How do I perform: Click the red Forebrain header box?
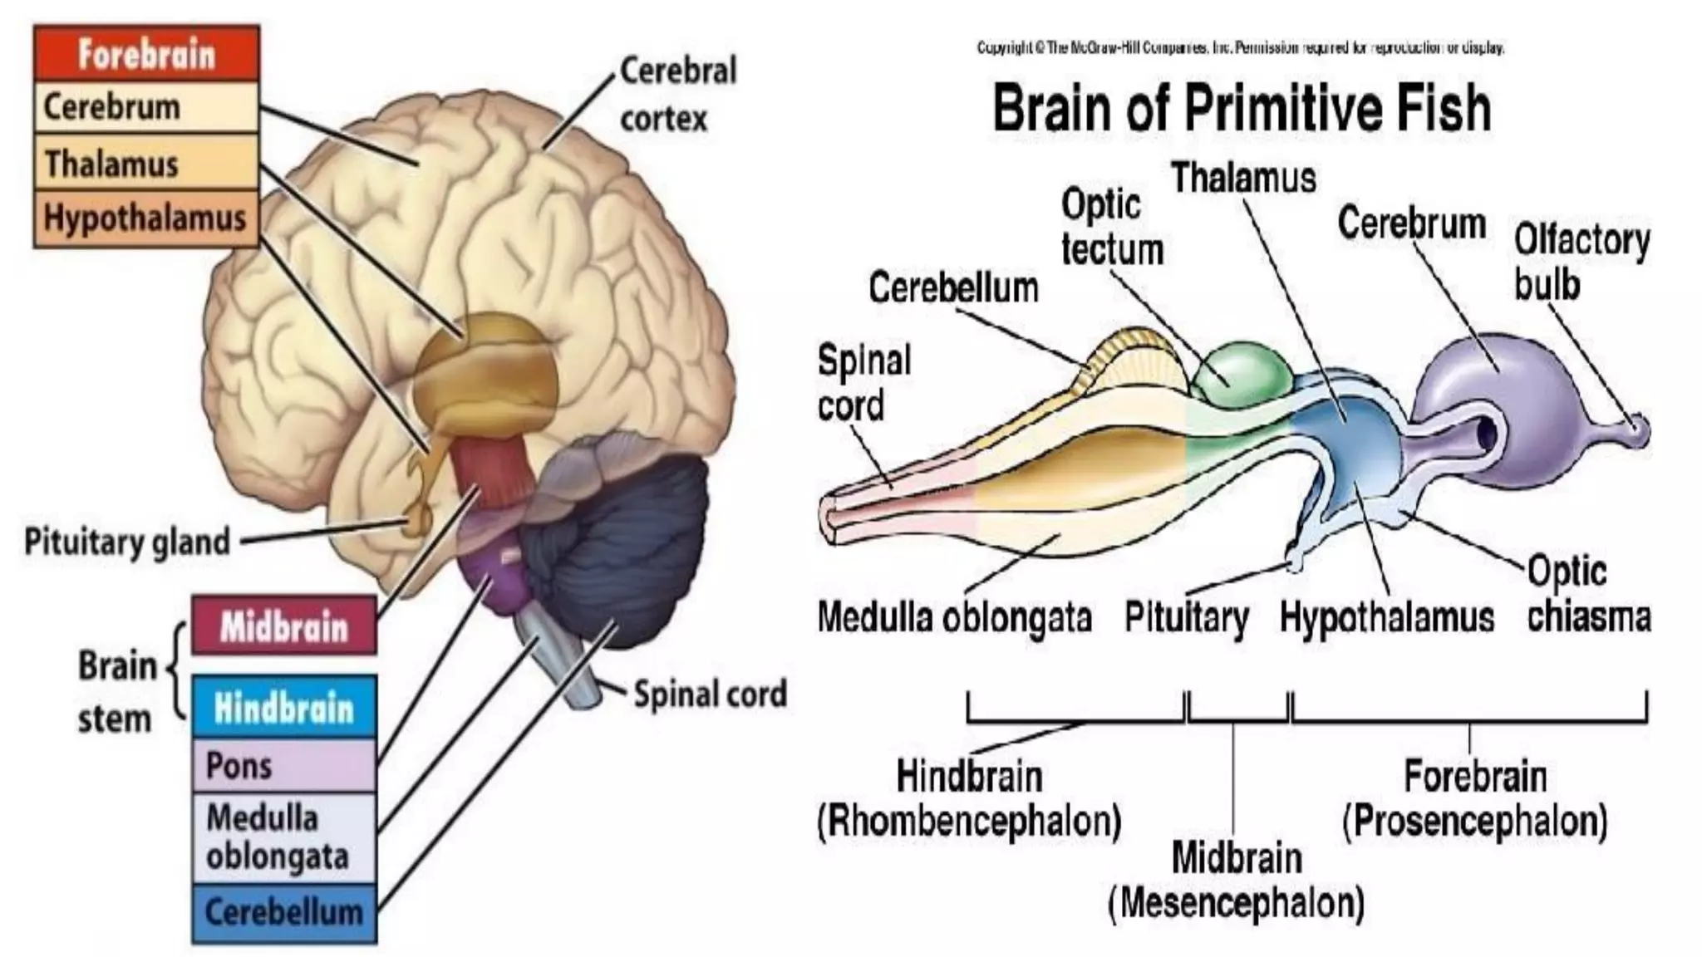(146, 54)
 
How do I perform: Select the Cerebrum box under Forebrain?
(146, 107)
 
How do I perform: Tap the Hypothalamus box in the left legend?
(146, 218)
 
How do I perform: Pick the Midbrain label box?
(283, 626)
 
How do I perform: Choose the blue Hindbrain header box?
(283, 708)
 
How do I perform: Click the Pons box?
(283, 765)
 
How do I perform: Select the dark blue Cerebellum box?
(283, 913)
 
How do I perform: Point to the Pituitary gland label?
(127, 542)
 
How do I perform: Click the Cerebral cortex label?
(677, 94)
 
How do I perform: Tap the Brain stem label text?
(116, 692)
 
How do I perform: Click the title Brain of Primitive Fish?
(1242, 108)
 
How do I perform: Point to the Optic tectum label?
(1111, 227)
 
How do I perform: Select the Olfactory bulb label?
(1580, 262)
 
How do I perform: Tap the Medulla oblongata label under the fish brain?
(954, 617)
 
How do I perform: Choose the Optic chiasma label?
(1587, 594)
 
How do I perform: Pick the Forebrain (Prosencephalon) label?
(1475, 798)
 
